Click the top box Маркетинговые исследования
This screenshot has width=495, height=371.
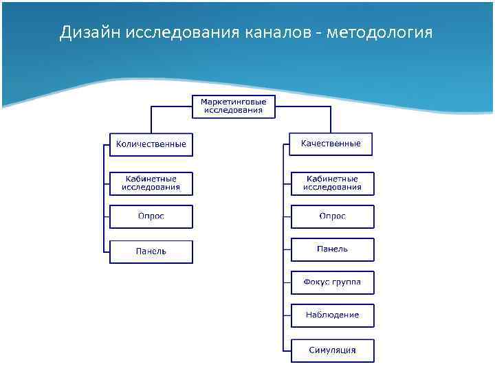point(233,106)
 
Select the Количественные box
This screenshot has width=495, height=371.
point(151,144)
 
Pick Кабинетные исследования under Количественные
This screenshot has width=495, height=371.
point(151,183)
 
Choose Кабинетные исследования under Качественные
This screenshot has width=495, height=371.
point(332,183)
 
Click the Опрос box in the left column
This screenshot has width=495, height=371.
point(151,216)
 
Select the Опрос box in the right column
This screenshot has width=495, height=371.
point(332,216)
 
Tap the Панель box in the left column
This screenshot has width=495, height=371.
point(151,251)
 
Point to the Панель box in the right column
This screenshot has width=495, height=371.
point(332,249)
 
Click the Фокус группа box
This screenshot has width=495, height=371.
point(332,282)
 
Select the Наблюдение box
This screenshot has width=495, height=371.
point(332,315)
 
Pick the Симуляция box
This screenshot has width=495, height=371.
point(332,350)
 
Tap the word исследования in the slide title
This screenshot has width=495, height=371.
point(181,33)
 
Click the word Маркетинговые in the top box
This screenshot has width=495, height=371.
point(233,102)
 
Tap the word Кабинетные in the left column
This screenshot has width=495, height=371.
point(151,179)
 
